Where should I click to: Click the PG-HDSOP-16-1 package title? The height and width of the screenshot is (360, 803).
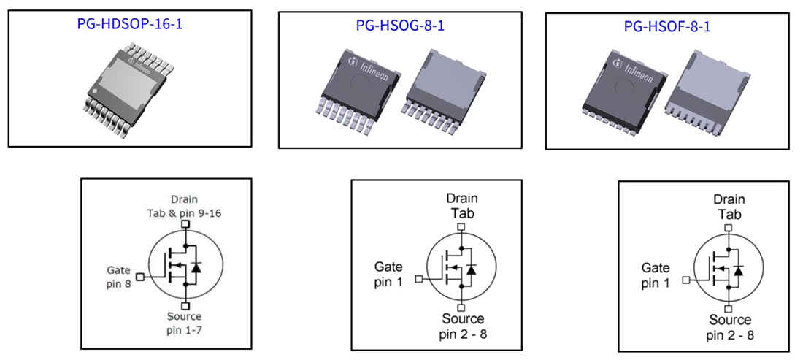click(x=129, y=23)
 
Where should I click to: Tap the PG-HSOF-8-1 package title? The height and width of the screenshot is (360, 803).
click(x=666, y=27)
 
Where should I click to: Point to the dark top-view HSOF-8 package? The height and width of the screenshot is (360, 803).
click(x=625, y=87)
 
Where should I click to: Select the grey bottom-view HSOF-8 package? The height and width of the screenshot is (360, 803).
click(x=710, y=88)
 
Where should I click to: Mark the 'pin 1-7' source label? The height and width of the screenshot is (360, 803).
click(x=185, y=332)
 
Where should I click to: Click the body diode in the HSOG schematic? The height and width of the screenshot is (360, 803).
click(x=472, y=269)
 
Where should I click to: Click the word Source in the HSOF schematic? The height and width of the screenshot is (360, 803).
click(x=730, y=320)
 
